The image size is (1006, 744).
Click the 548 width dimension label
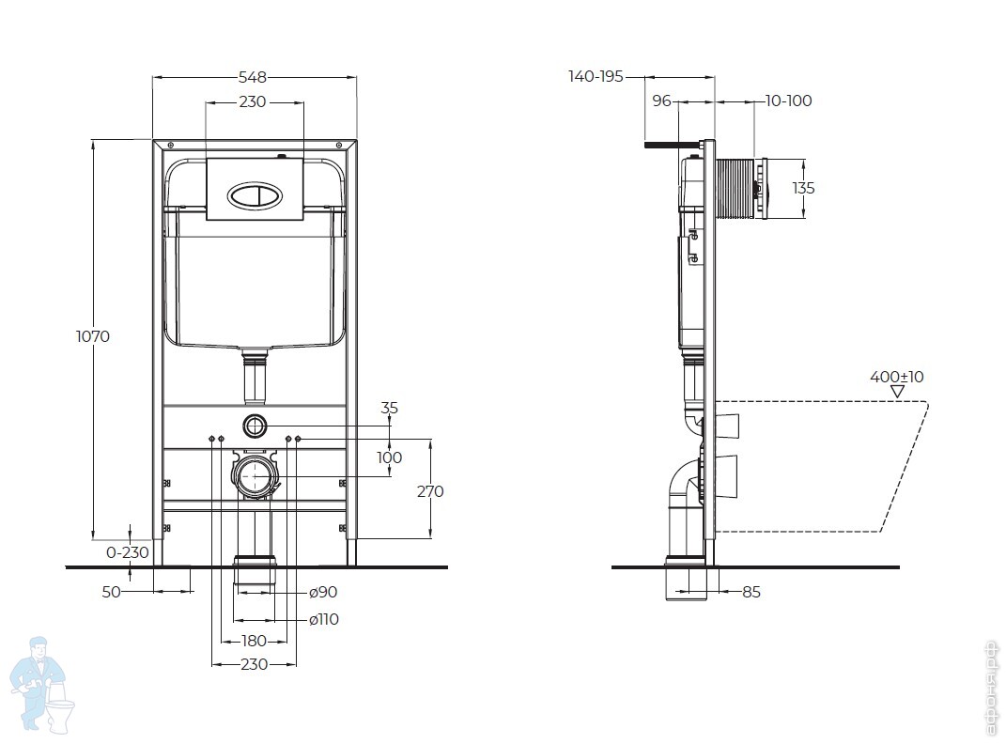pyautogui.click(x=253, y=77)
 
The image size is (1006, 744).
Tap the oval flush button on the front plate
pyautogui.click(x=255, y=195)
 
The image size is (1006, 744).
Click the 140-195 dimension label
pyautogui.click(x=596, y=77)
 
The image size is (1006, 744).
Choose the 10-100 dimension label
pyautogui.click(x=788, y=101)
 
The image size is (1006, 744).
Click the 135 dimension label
pyautogui.click(x=803, y=188)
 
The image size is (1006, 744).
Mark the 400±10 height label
pyautogui.click(x=896, y=377)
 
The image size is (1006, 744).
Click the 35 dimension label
pyautogui.click(x=390, y=409)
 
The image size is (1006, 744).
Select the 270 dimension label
pyautogui.click(x=430, y=491)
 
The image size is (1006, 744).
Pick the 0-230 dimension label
pyautogui.click(x=128, y=552)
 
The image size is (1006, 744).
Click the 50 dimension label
pyautogui.click(x=112, y=592)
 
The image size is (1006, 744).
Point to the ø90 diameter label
pyautogui.click(x=323, y=592)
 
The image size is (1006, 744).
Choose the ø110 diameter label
pyautogui.click(x=324, y=619)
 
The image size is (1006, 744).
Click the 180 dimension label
pyautogui.click(x=254, y=641)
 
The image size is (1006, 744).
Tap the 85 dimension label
pyautogui.click(x=751, y=592)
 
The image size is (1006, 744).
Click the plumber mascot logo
pyautogui.click(x=41, y=682)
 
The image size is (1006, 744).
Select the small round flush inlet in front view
pyautogui.click(x=254, y=425)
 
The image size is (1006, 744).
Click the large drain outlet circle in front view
pyautogui.click(x=254, y=477)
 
